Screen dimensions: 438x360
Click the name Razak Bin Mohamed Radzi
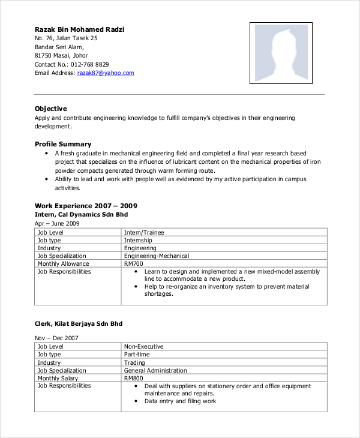click(79, 29)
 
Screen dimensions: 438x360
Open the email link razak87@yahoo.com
click(106, 73)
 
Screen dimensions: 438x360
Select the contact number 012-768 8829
click(89, 64)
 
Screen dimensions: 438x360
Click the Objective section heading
click(51, 109)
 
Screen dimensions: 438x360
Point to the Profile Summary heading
click(63, 144)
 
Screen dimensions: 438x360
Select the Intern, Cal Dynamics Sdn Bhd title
click(81, 214)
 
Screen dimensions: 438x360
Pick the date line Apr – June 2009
click(57, 223)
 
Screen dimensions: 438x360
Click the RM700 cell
click(134, 264)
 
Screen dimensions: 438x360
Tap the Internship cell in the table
click(138, 240)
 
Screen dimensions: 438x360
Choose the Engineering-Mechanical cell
click(157, 256)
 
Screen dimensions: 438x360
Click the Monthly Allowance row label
click(63, 264)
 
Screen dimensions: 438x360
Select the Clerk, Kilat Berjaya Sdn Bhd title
click(78, 324)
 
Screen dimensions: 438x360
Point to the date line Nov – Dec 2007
click(56, 338)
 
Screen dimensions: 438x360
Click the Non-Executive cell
click(143, 347)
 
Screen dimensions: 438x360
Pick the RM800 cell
click(134, 379)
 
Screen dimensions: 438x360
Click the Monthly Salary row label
click(58, 379)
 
